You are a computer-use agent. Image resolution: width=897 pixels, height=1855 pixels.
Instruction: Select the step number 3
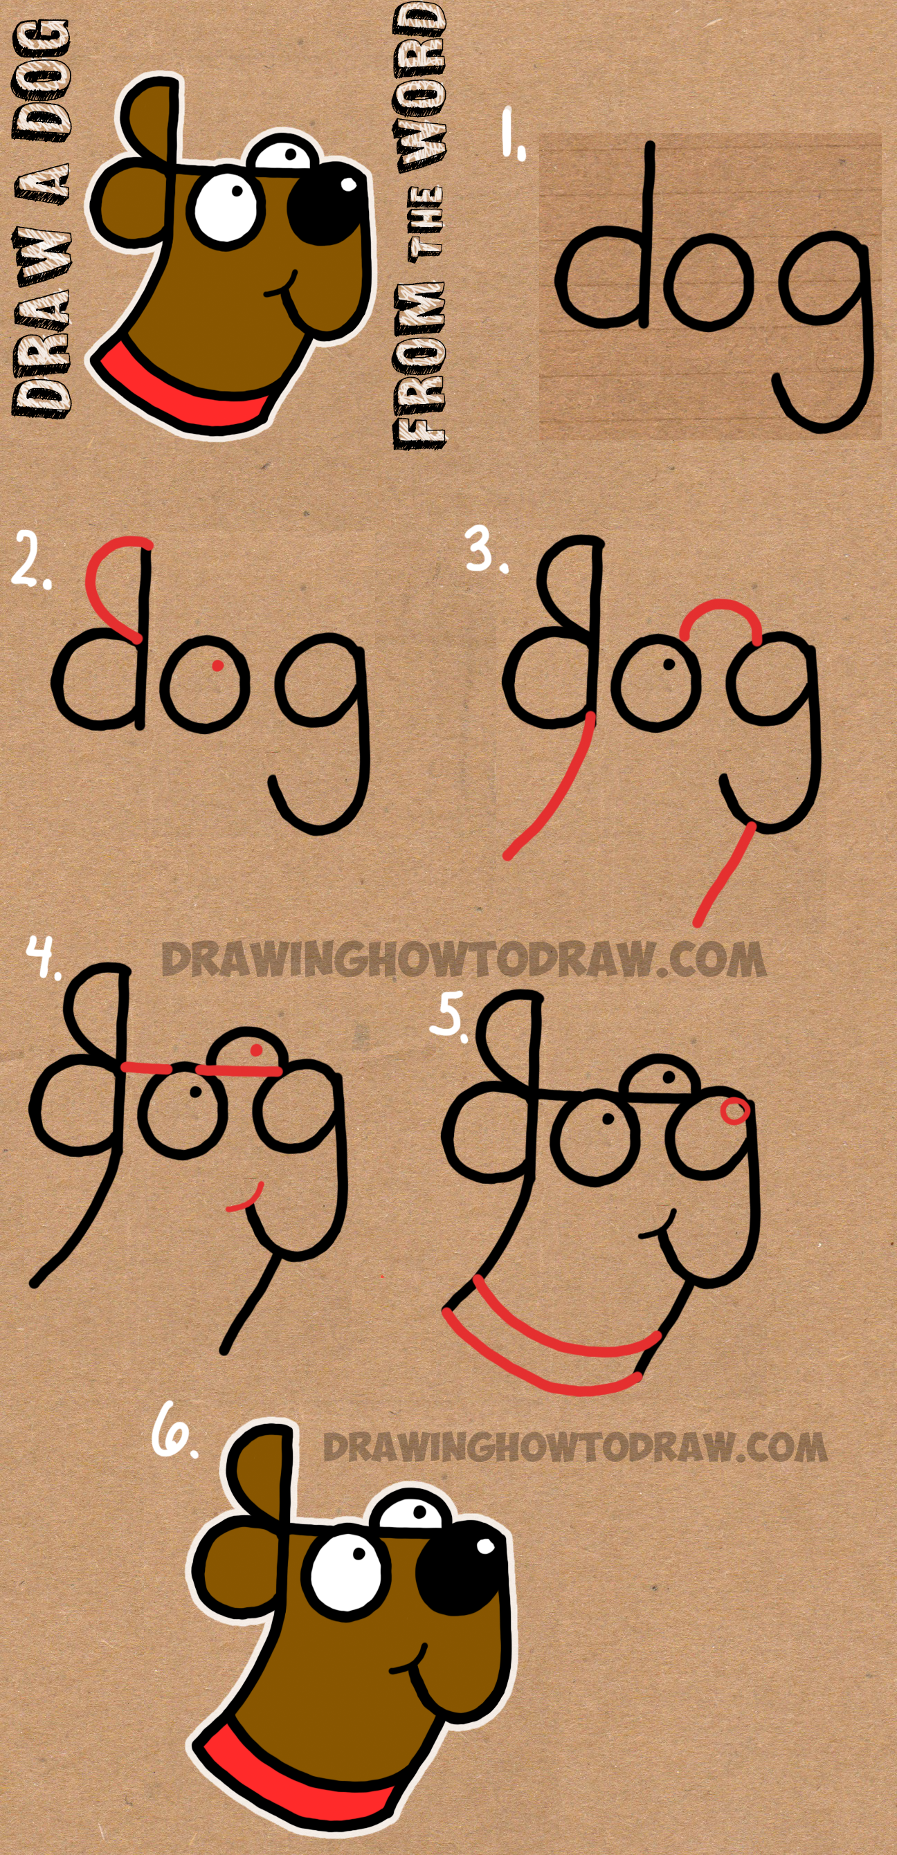[485, 550]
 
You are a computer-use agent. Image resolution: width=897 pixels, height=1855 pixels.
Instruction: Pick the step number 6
[172, 1433]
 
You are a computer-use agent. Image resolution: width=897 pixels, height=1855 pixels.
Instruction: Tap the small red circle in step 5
[734, 1111]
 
